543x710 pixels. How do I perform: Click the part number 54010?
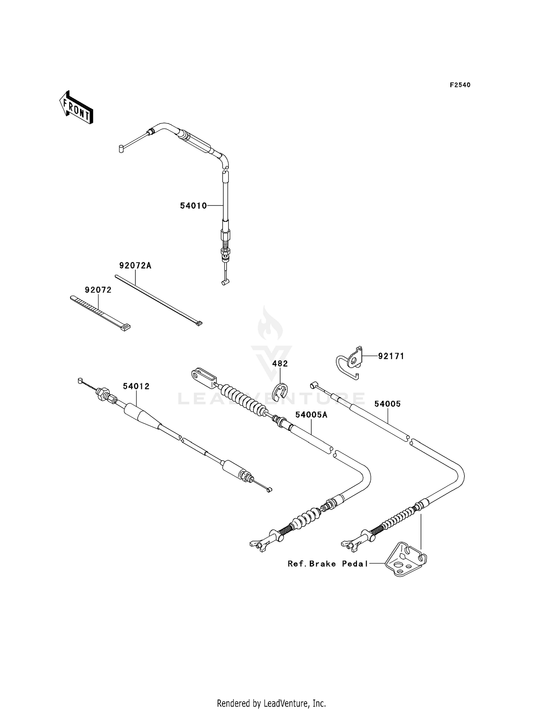coord(193,206)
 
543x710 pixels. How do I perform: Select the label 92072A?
coord(135,266)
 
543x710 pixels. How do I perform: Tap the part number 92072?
coord(98,290)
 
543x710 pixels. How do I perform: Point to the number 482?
coord(280,364)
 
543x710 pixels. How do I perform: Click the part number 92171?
coord(391,356)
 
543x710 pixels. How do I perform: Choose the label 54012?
coord(136,386)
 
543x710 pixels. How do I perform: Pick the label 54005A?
coord(311,415)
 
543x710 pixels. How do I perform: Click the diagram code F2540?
coord(460,85)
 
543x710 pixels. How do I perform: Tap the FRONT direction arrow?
coord(76,108)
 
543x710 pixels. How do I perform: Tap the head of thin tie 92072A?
coord(198,323)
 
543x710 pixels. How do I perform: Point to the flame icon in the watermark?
coord(270,324)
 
